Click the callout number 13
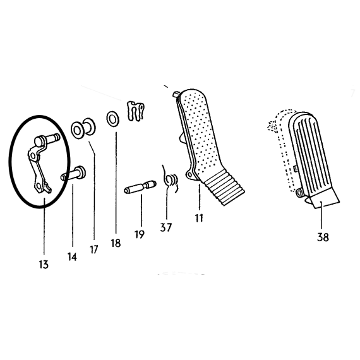(44, 265)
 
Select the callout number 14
(72, 256)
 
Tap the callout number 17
(93, 249)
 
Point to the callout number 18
(116, 243)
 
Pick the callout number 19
(140, 234)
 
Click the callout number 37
(165, 227)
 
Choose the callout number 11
(199, 218)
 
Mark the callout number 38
(323, 237)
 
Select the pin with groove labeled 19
(140, 187)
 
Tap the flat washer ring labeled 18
(112, 119)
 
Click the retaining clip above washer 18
(136, 111)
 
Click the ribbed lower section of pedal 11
(224, 187)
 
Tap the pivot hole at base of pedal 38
(299, 193)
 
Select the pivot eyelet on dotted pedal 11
(189, 175)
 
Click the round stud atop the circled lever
(40, 141)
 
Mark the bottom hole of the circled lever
(39, 185)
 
